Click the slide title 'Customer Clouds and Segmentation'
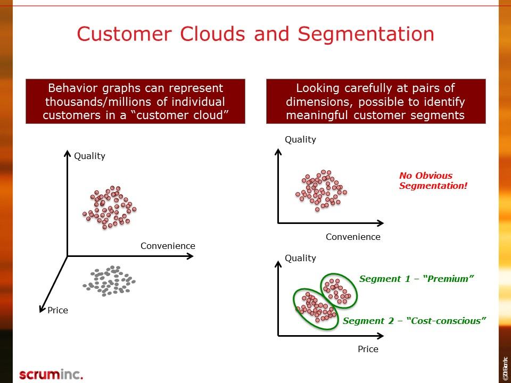pyautogui.click(x=256, y=34)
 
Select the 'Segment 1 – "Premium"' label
pyautogui.click(x=416, y=279)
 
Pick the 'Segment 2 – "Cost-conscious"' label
pyautogui.click(x=415, y=321)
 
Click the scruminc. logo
pyautogui.click(x=51, y=374)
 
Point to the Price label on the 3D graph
pyautogui.click(x=57, y=310)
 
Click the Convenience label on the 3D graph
pyautogui.click(x=168, y=246)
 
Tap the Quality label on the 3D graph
pyautogui.click(x=89, y=156)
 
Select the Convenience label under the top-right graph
pyautogui.click(x=353, y=237)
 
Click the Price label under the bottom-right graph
pyautogui.click(x=368, y=349)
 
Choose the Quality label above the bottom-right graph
pyautogui.click(x=300, y=258)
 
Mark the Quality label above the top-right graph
pyautogui.click(x=300, y=139)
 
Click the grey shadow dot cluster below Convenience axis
pyautogui.click(x=109, y=280)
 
